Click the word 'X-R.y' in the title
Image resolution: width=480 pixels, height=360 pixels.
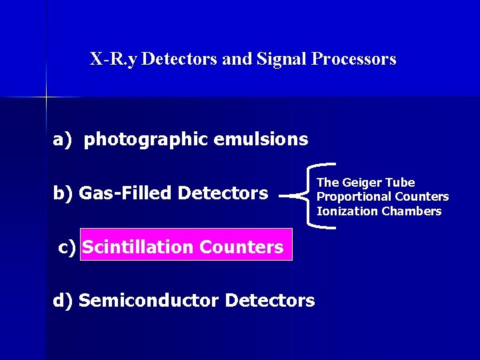114,59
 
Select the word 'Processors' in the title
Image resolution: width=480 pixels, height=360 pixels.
353,59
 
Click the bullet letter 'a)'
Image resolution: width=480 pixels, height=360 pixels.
62,140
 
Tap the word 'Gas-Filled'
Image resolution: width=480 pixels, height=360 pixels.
126,193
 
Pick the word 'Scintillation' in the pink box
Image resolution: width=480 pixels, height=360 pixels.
138,247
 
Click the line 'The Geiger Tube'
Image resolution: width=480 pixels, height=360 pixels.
365,183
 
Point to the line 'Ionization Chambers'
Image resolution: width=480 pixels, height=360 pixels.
379,211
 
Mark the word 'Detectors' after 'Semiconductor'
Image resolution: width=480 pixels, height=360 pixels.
270,301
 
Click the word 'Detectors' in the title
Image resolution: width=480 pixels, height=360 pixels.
179,59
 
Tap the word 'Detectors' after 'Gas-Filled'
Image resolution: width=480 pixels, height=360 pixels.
223,193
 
